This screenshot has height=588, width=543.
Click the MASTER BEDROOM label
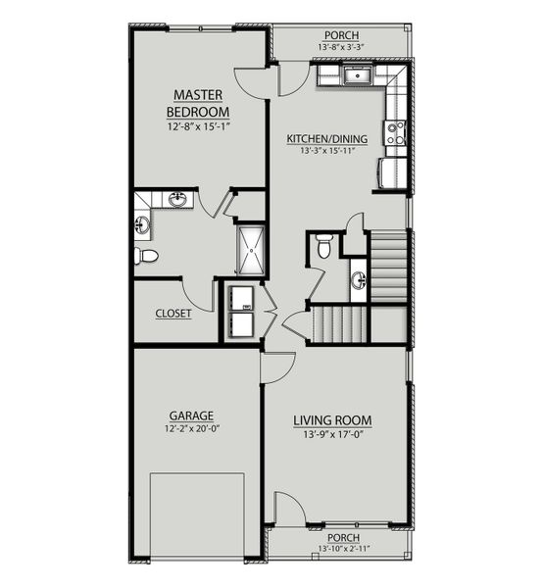click(199, 102)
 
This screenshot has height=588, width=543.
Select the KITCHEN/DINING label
click(326, 139)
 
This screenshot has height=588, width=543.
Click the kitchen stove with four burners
click(395, 132)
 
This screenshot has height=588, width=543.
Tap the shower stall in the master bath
click(250, 250)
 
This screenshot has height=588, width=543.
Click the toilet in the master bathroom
click(146, 256)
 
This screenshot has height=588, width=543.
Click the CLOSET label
click(173, 314)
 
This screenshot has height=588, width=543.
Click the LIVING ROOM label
click(332, 420)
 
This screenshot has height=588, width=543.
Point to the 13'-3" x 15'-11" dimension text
click(326, 153)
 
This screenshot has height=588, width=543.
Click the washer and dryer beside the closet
click(240, 312)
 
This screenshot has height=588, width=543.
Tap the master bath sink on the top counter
click(178, 201)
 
